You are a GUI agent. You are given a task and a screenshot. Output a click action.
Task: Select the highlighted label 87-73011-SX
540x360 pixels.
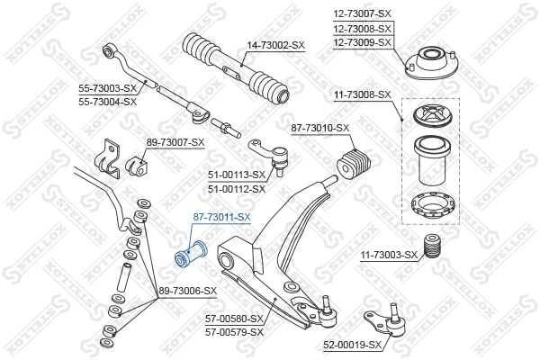click(221, 217)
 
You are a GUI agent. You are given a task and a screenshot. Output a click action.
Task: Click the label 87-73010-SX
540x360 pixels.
click(319, 128)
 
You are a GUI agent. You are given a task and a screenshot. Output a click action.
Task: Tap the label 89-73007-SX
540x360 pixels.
click(175, 142)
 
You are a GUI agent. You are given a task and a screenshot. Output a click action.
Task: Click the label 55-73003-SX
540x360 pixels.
click(107, 88)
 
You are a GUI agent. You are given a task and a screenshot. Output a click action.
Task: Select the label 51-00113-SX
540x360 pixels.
click(237, 175)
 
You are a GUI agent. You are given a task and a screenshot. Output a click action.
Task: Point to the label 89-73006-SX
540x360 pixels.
click(188, 290)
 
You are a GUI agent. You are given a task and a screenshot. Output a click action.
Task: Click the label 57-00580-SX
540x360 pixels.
click(234, 319)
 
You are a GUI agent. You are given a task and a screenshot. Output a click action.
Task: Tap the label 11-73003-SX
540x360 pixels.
click(388, 255)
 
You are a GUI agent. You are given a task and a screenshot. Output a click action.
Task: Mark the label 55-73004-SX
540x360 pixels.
click(107, 101)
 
